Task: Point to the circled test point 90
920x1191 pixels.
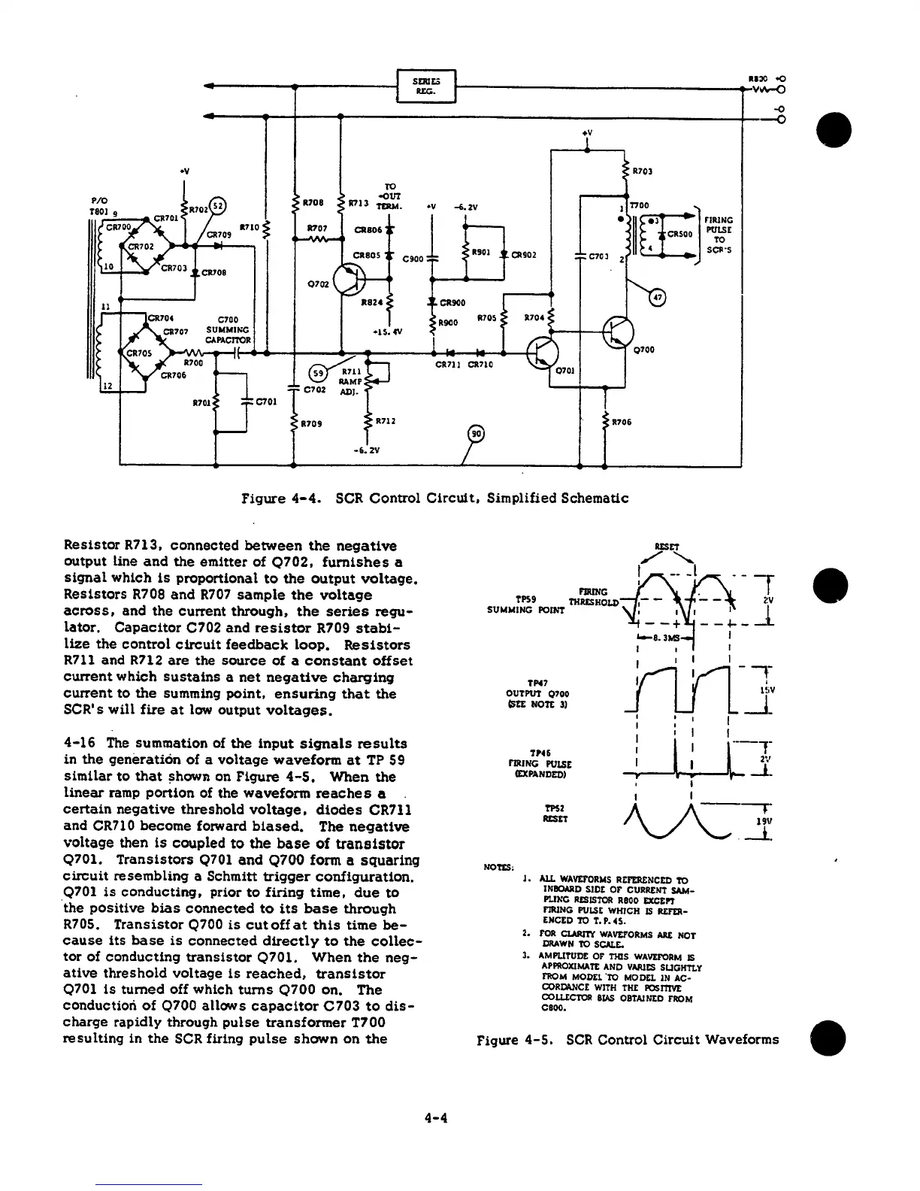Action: tap(477, 435)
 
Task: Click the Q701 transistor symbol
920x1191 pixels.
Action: tap(542, 352)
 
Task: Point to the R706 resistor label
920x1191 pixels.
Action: tap(622, 422)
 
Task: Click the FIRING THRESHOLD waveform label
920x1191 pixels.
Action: tap(594, 597)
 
